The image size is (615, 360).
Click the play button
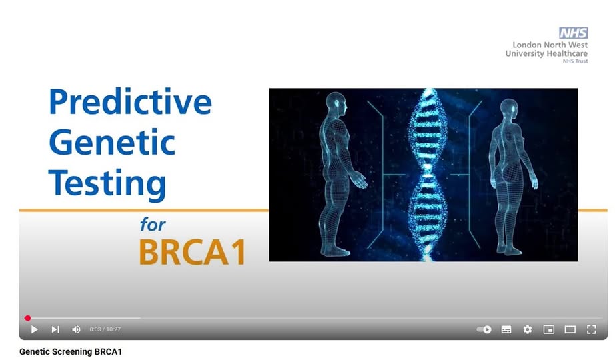coord(35,329)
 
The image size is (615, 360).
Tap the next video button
coord(55,329)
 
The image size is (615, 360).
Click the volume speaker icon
coord(76,329)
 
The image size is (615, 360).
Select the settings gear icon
coord(528,329)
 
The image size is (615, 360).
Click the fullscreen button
coord(592,329)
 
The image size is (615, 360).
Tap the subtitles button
coord(506,329)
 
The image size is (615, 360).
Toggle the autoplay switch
coord(484,329)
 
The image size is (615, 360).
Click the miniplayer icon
coord(549,329)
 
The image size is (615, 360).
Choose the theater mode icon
coord(570,329)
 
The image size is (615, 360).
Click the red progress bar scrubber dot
coord(27,318)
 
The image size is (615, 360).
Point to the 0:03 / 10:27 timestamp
coord(105,329)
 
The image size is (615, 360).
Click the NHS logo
coord(574,33)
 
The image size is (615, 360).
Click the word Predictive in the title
coord(130,101)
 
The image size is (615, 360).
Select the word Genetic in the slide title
coord(112,142)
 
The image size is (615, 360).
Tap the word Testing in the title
coord(107,183)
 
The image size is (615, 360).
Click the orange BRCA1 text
coord(193,252)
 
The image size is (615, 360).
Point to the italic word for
coord(153,225)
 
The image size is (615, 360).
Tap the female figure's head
coord(508,109)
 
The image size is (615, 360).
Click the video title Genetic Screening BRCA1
coord(71,352)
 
